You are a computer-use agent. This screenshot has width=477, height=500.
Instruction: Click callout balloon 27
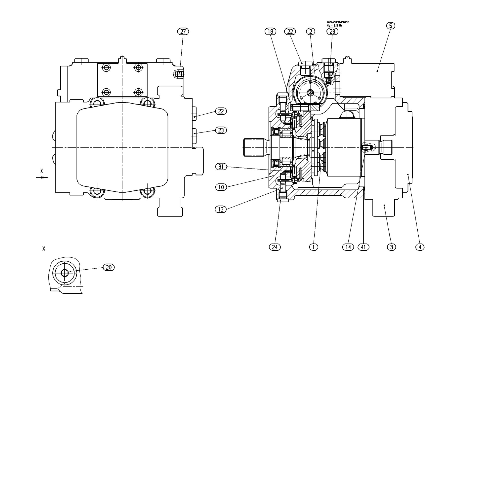[183, 32]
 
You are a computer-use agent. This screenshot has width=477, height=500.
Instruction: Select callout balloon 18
[270, 32]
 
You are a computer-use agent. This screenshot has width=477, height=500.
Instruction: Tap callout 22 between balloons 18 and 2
[290, 32]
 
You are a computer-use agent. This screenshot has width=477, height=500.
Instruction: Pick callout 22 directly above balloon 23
[221, 111]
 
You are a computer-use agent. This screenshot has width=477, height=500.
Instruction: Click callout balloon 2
[311, 32]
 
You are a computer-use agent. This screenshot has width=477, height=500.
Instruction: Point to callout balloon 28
[332, 32]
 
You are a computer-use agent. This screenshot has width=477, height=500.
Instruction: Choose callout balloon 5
[391, 26]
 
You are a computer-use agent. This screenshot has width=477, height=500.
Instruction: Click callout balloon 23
[221, 130]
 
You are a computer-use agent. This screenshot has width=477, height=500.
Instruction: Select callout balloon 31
[221, 167]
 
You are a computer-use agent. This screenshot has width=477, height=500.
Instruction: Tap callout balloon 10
[221, 187]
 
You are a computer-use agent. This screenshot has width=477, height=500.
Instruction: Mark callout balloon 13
[221, 210]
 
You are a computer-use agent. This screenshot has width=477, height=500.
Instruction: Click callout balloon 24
[275, 247]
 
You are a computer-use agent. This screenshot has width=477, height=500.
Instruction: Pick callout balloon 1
[314, 247]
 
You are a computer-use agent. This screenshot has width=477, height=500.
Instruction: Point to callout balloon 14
[348, 247]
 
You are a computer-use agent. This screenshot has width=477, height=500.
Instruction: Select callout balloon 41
[363, 247]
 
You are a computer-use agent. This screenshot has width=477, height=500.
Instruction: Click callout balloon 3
[392, 247]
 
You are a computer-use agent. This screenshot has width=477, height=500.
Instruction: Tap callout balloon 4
[420, 247]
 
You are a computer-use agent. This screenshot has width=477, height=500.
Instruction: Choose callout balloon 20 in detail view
[109, 267]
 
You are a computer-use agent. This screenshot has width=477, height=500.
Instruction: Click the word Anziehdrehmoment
[338, 22]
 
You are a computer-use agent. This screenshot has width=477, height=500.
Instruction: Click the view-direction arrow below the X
[42, 178]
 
